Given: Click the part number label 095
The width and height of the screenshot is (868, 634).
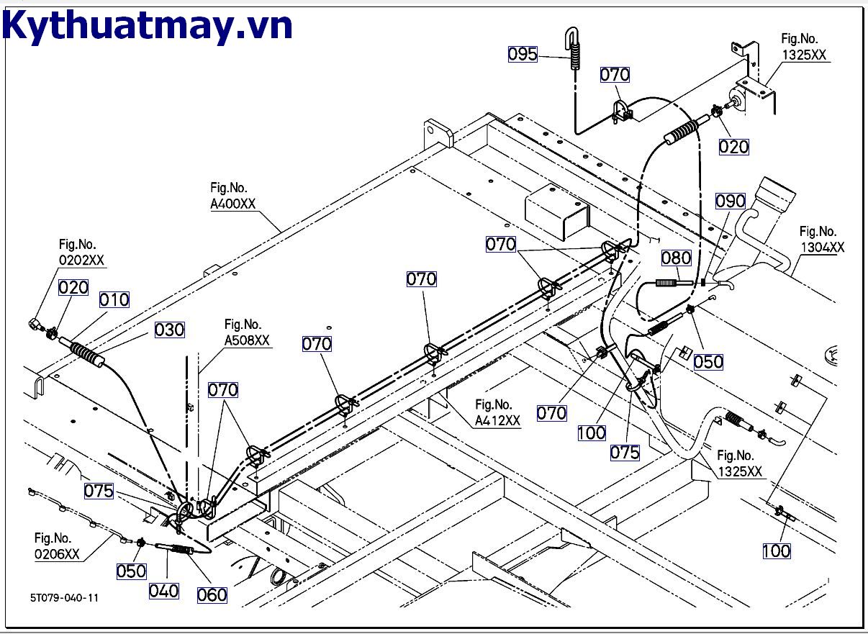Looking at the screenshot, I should coord(523,54).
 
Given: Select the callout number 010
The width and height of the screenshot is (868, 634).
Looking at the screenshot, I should coord(114,299).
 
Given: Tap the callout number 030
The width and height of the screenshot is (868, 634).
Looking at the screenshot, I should coord(170,330).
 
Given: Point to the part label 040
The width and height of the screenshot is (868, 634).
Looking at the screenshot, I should coord(164,591).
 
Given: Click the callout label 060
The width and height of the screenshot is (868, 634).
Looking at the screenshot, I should coord(212,594).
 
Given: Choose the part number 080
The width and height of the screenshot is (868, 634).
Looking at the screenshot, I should coord(676,258).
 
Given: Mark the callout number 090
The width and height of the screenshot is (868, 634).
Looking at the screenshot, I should coord(730,201).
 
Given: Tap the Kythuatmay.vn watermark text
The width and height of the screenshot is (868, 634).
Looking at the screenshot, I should coord(148,27).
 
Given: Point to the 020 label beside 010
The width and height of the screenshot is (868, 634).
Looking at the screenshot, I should coord(73,288).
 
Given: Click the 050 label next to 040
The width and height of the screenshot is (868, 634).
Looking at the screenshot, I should coord(132,571).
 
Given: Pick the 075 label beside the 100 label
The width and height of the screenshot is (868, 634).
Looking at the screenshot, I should coord(625,452).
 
